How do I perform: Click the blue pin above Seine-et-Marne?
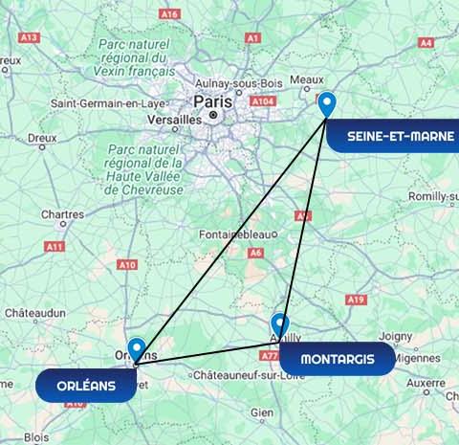[x=327, y=103]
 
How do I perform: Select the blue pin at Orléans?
[x=137, y=350]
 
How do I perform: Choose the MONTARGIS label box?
[x=332, y=360]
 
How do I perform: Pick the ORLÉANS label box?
[x=85, y=386]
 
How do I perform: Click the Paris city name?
[x=211, y=100]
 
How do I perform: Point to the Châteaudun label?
[x=34, y=313]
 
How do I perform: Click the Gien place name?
[x=262, y=412]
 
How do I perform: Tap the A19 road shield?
[x=357, y=300]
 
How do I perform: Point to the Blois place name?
[x=36, y=435]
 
